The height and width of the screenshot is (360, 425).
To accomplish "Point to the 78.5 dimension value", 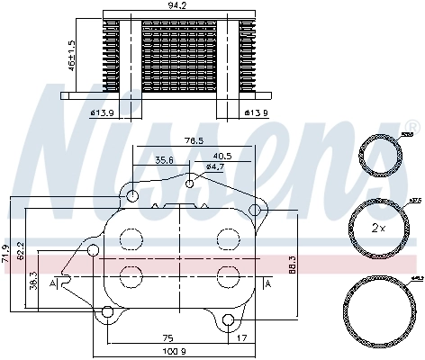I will click(x=194, y=140).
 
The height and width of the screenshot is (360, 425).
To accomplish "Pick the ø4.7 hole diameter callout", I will click(x=214, y=166).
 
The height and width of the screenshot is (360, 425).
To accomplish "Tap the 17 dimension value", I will click(x=243, y=339).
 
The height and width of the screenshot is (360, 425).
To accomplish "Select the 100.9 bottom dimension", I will click(x=176, y=352).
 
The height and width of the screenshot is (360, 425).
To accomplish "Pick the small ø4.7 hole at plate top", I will click(x=190, y=184).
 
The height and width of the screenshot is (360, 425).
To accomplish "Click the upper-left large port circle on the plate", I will click(x=131, y=239).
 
